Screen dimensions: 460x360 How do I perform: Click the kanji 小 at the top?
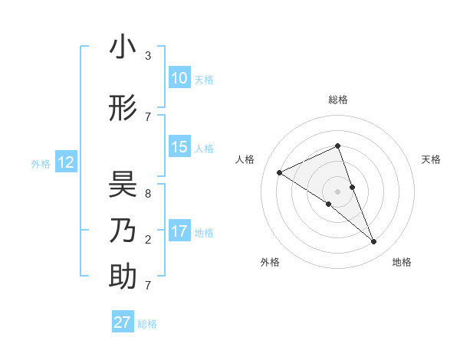point(123,47)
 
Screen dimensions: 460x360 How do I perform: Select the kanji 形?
point(123,110)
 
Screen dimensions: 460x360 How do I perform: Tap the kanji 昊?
point(123,186)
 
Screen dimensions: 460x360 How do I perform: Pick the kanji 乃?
point(123,230)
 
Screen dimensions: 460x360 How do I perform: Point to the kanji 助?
point(123,276)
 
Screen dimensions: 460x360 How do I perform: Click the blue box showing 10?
point(179,78)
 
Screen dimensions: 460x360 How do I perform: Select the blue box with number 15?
point(179,147)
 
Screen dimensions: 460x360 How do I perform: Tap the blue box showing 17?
point(179,231)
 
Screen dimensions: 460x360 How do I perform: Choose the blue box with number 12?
point(65,162)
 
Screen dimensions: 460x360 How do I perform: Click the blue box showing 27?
point(123,322)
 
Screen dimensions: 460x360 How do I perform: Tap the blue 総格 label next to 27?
point(147,324)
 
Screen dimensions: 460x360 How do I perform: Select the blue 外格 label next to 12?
point(41,163)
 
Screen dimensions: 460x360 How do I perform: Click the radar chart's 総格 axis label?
point(337,100)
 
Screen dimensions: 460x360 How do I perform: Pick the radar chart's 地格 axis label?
point(402,262)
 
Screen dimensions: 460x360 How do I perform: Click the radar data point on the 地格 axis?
point(374,242)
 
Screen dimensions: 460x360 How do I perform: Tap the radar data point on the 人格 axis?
point(280,173)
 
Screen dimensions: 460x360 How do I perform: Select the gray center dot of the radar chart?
point(337,191)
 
